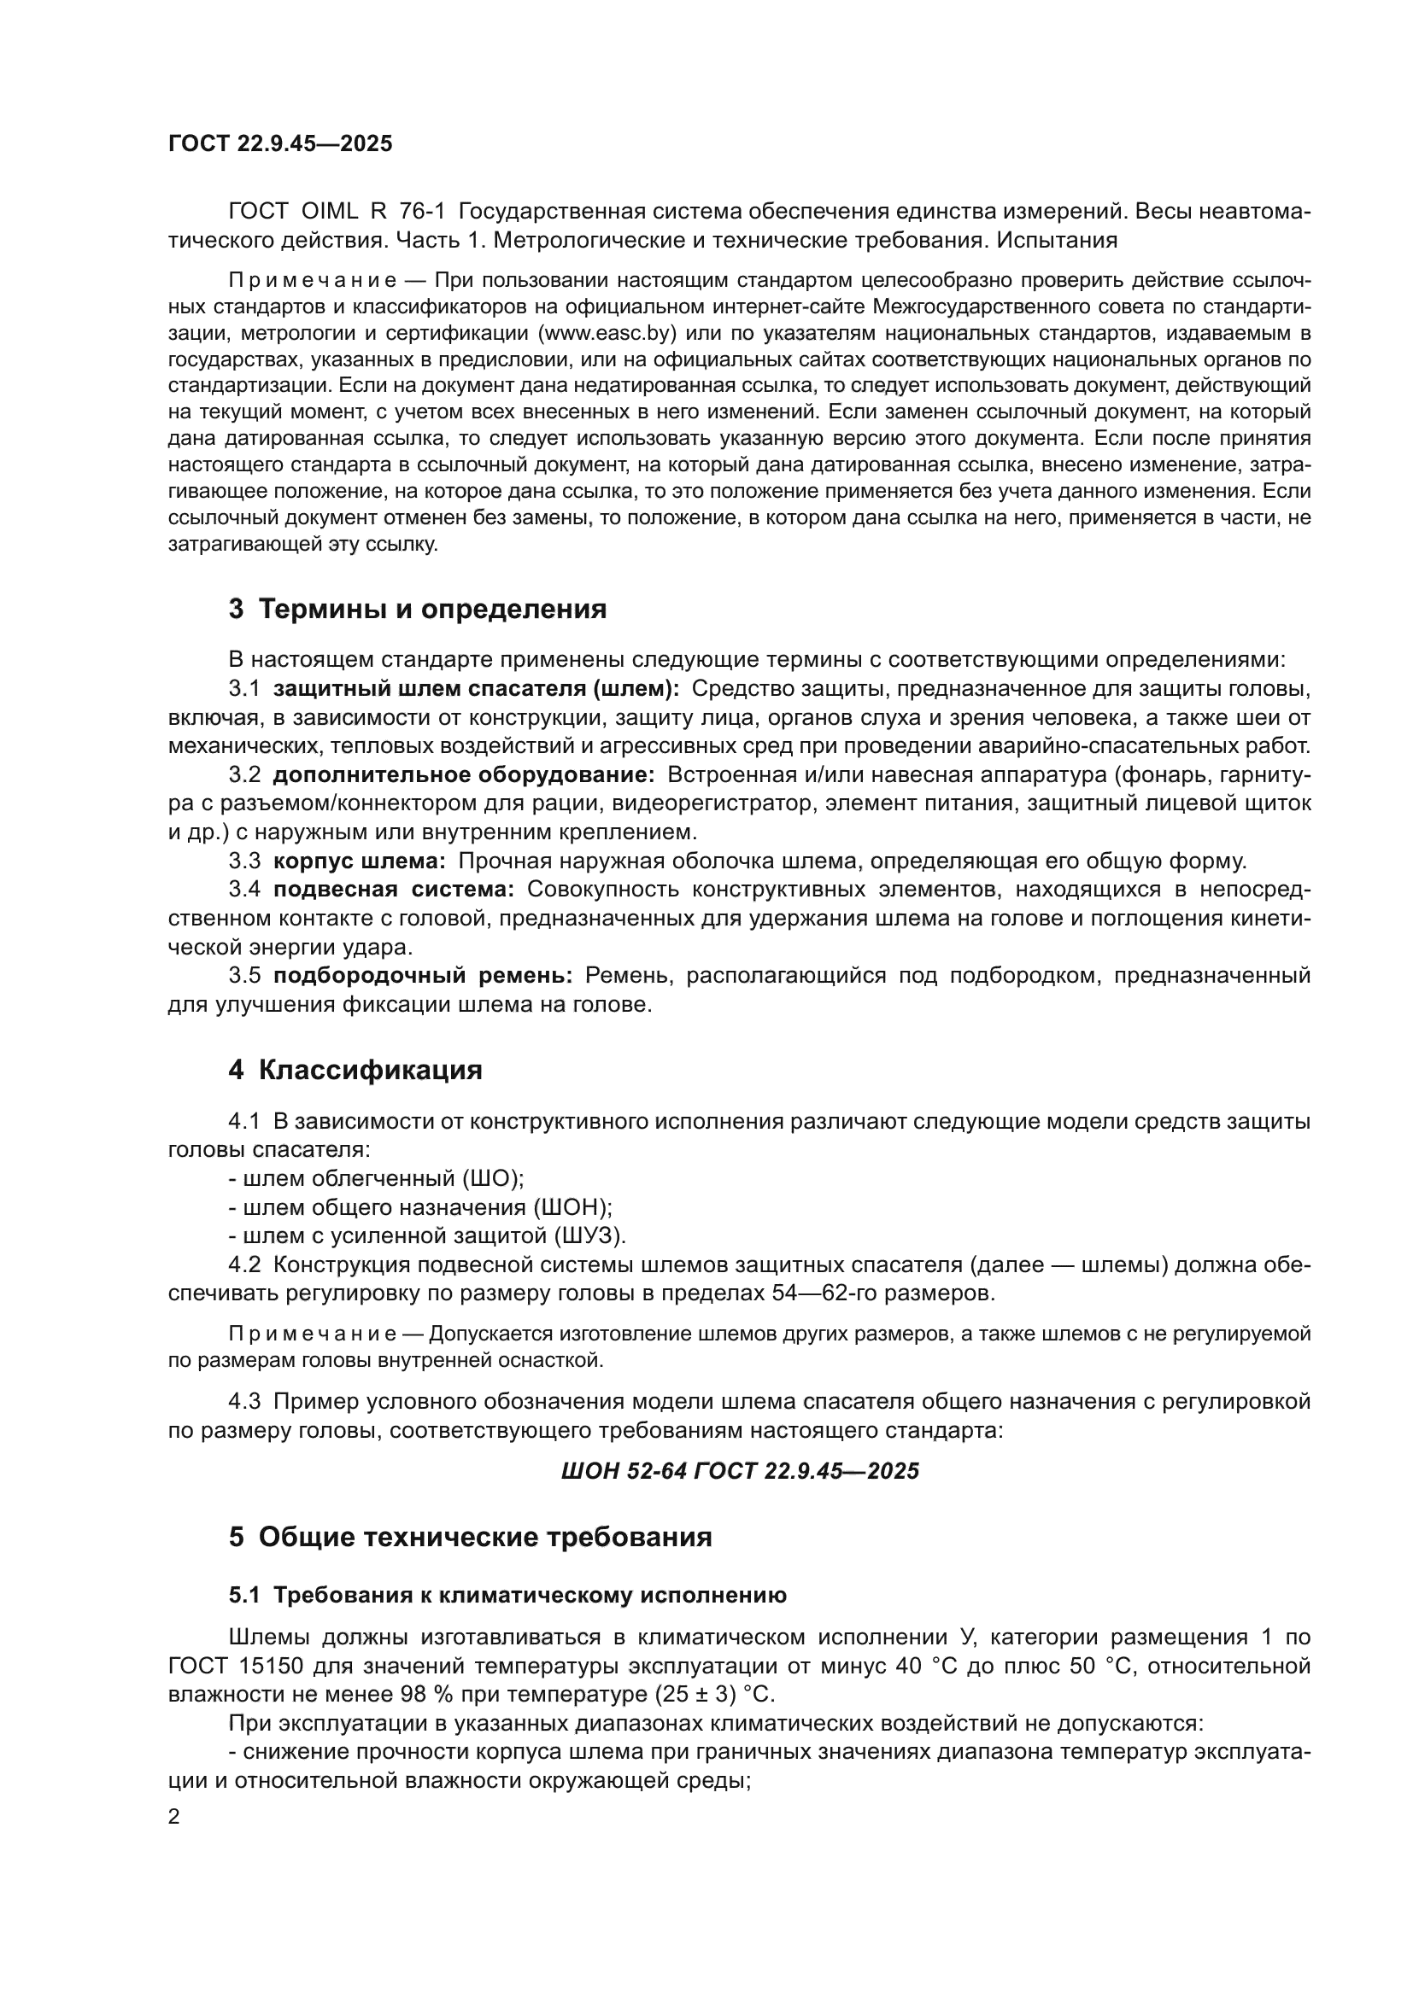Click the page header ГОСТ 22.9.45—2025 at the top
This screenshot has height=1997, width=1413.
point(280,143)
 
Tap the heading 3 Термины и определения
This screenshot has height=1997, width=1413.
point(418,609)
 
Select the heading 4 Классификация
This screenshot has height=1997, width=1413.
point(355,1070)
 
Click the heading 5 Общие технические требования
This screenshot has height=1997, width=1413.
point(470,1537)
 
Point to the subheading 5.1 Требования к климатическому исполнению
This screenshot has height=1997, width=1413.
point(507,1595)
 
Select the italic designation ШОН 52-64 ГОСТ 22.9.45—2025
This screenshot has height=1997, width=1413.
point(740,1471)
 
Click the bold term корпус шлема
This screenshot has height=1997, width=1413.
point(360,861)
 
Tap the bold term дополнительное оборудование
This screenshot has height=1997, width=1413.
point(464,775)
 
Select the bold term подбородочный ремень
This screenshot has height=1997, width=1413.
point(423,976)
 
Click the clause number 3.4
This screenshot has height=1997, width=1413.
point(244,890)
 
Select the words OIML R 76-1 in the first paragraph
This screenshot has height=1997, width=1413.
point(372,212)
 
